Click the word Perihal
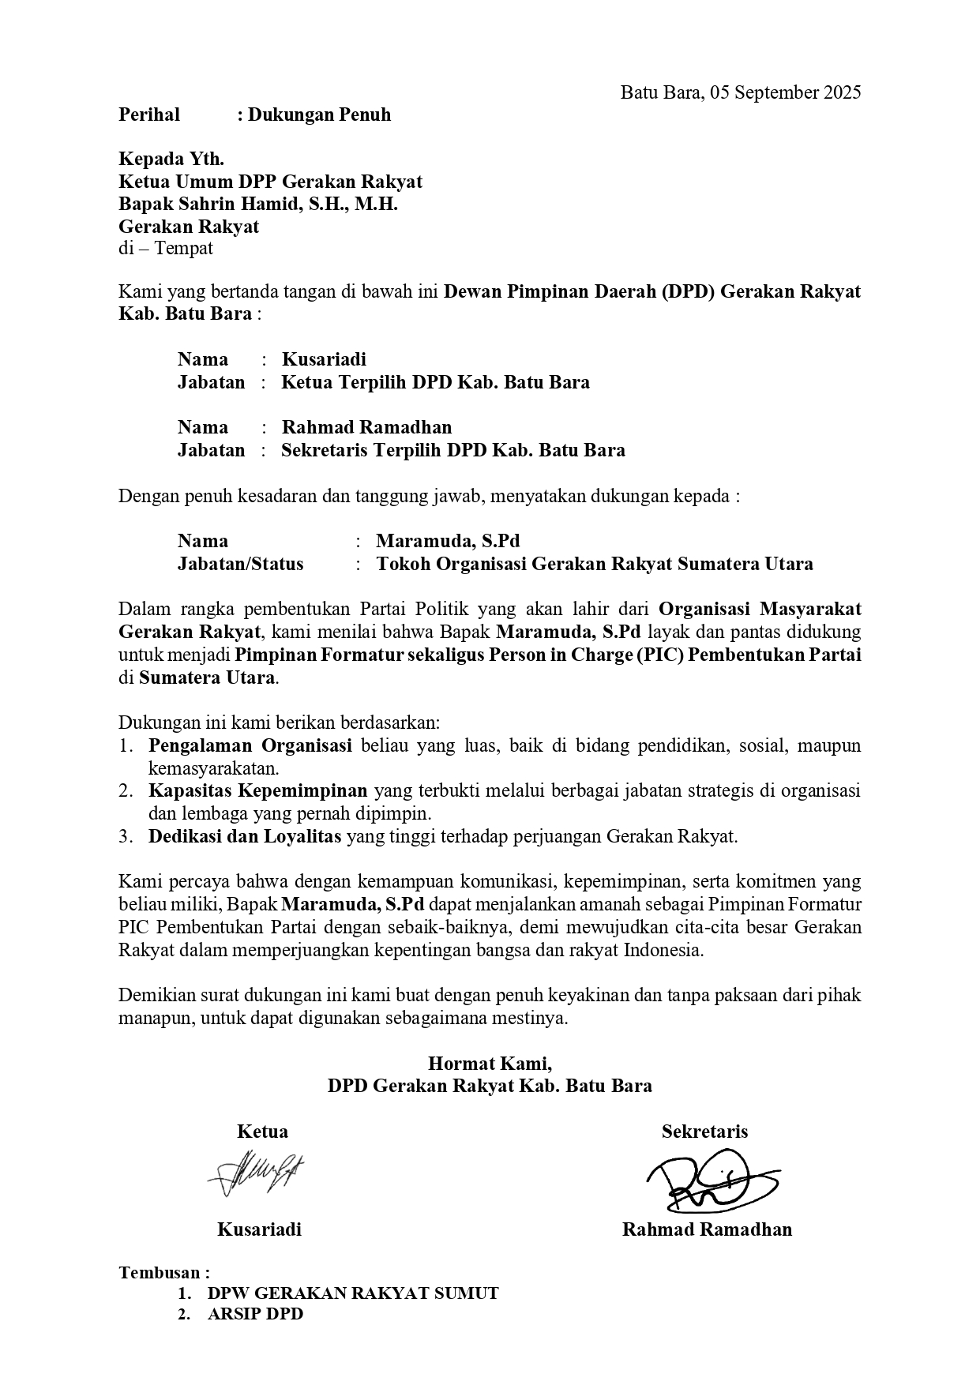pos(149,115)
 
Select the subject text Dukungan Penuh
pos(319,115)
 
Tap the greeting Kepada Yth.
pos(171,160)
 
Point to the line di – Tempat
pos(166,249)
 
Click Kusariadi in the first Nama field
pos(324,360)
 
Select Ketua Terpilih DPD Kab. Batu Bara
pos(435,383)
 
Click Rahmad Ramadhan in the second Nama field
pos(367,428)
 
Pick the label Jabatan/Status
pos(240,565)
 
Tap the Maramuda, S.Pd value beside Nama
pos(448,542)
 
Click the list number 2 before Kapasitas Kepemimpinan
pos(125,791)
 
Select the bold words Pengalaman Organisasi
pos(250,746)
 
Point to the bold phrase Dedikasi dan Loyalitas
pos(245,837)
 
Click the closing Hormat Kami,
pos(490,1063)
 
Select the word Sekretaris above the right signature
pos(704,1132)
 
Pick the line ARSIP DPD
pos(255,1315)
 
